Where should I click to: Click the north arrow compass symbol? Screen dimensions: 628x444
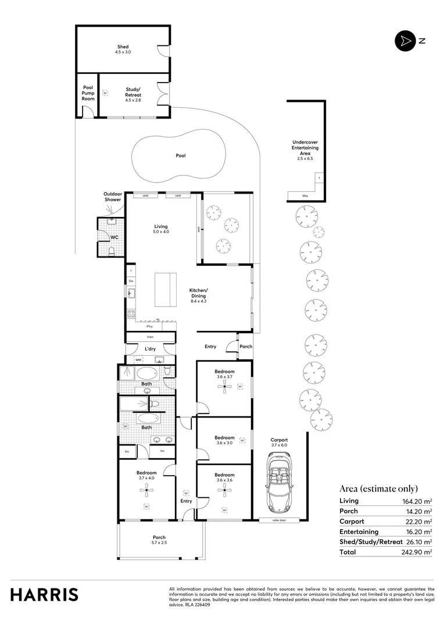(x=403, y=41)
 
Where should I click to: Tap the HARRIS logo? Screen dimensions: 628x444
(x=44, y=595)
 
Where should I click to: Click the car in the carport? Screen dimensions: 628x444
(x=279, y=480)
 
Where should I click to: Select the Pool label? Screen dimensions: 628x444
(x=181, y=156)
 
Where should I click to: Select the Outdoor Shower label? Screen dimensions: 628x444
(x=112, y=197)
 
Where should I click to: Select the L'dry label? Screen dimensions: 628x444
(x=150, y=349)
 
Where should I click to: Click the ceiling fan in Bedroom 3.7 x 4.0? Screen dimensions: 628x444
(x=147, y=490)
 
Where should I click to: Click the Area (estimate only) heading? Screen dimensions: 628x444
(x=378, y=488)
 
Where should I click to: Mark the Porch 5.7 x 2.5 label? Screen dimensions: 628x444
(x=159, y=540)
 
